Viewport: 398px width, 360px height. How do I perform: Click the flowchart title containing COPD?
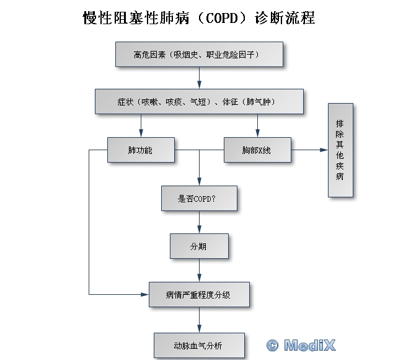pos(199,18)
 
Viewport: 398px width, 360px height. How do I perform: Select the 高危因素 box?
pos(199,54)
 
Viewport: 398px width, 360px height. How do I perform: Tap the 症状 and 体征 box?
pos(199,101)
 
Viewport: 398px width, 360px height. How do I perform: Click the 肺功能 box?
pos(140,150)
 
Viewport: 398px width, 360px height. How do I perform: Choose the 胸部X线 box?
pos(257,150)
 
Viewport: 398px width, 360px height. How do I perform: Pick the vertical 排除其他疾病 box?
pos(340,150)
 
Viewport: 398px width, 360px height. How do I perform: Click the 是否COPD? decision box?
pos(199,198)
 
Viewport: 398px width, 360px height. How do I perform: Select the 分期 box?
pos(199,246)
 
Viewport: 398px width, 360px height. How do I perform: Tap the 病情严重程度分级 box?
pos(199,294)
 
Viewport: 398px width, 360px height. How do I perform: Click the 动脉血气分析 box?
pos(199,344)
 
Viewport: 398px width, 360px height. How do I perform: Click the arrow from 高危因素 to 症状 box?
pos(199,78)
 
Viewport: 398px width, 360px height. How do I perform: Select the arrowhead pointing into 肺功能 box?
pos(141,133)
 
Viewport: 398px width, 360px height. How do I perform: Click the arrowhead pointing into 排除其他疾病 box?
pos(324,150)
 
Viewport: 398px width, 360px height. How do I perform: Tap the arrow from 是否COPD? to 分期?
pos(199,222)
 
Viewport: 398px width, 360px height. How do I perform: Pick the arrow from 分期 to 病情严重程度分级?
pos(199,270)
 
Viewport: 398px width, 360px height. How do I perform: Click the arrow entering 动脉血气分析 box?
pos(199,320)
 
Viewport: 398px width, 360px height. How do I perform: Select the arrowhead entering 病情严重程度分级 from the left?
pos(146,294)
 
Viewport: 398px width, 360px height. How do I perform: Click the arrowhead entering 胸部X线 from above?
pos(257,133)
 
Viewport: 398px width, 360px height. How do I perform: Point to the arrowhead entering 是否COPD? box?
pos(199,181)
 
